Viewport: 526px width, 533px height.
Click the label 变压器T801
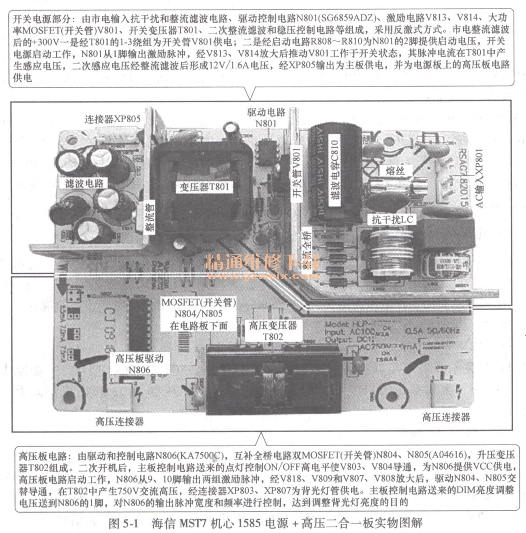click(x=204, y=187)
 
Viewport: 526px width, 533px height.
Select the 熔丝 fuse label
click(x=395, y=171)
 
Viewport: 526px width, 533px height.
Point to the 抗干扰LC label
click(x=392, y=220)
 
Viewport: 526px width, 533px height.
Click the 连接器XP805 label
click(x=113, y=119)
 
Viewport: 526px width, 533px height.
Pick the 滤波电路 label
click(x=84, y=183)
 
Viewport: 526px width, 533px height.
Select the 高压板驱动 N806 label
click(x=139, y=364)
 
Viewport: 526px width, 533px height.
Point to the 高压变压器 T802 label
click(x=273, y=331)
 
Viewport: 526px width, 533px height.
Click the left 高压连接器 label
click(x=120, y=421)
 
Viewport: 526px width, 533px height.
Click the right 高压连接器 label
click(x=446, y=417)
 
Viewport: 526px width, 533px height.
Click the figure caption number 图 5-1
click(x=124, y=523)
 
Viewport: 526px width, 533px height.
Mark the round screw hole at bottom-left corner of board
click(x=69, y=396)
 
